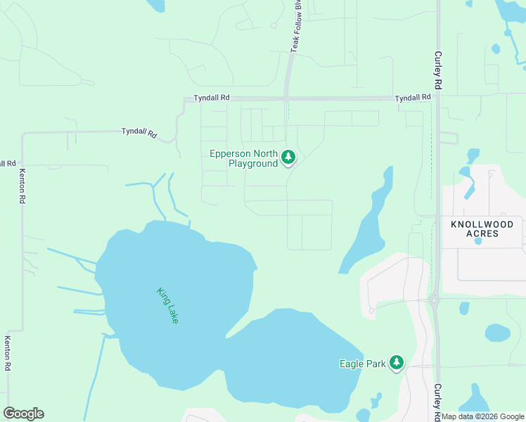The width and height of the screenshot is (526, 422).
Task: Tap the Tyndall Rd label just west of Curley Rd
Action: (x=412, y=98)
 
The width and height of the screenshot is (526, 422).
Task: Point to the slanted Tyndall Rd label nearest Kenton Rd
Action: (x=139, y=132)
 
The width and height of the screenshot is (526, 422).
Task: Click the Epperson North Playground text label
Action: (x=243, y=158)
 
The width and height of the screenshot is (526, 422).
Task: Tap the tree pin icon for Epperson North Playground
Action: (x=288, y=157)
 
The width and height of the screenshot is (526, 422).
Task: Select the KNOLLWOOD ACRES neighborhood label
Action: (x=482, y=229)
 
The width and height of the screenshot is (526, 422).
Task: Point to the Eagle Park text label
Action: (x=362, y=364)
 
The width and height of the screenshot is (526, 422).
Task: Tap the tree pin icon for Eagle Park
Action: (x=397, y=362)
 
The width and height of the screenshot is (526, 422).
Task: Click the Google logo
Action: (x=23, y=414)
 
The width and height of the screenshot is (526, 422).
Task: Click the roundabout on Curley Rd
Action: (x=435, y=300)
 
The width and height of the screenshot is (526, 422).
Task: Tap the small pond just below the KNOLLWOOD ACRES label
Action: (x=478, y=241)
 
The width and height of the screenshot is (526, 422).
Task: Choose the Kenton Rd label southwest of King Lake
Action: (x=8, y=352)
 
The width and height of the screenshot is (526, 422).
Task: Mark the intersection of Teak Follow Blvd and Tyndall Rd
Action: (x=286, y=98)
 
